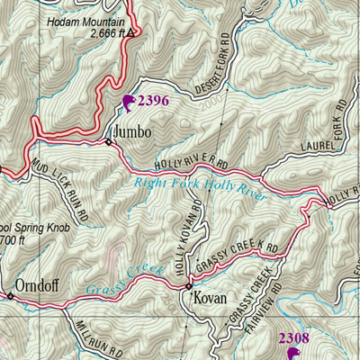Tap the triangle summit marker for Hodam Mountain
130,33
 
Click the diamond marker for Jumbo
109,141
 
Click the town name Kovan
210,296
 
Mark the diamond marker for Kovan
189,287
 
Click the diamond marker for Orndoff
11,294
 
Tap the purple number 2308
293,338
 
